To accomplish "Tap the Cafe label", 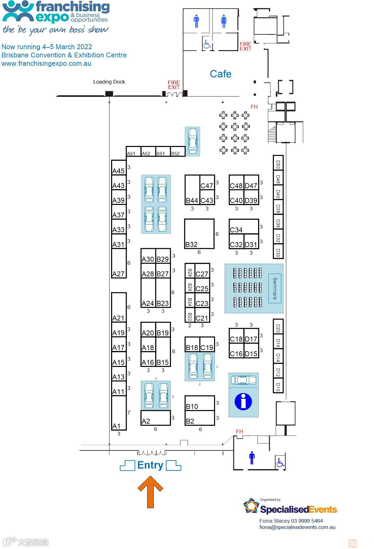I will tap(221, 74).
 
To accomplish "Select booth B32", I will tap(199, 234).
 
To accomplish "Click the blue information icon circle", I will tap(243, 401).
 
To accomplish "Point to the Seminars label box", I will tap(275, 288).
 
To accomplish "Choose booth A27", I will tap(119, 263).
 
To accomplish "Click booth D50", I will tap(278, 163).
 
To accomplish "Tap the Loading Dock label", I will tap(109, 82).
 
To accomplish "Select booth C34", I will tap(244, 226).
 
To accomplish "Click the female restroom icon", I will tap(223, 21).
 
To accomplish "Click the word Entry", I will tap(150, 465).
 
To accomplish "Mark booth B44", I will tap(192, 190).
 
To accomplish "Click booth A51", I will tap(133, 152).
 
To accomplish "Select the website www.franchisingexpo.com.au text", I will tap(46, 64).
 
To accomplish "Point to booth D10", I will tap(278, 386).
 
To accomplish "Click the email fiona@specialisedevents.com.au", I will tap(297, 527).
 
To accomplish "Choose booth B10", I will tap(199, 403).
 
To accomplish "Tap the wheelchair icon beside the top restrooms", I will tap(207, 44).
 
